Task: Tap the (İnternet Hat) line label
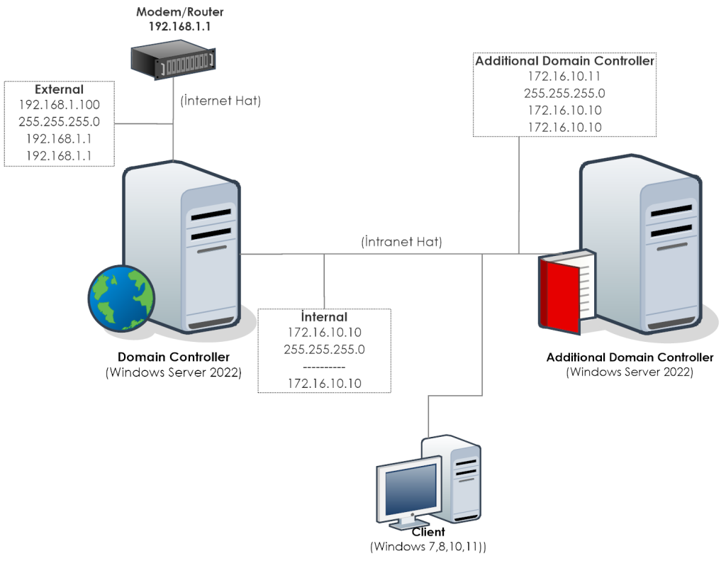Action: tap(221, 101)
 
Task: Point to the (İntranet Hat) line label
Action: tap(402, 242)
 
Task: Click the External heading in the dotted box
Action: tap(59, 90)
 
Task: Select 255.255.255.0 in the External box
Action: tap(59, 121)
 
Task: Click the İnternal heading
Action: tap(324, 317)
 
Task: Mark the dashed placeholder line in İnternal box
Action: tap(324, 367)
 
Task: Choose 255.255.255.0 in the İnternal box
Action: tap(324, 350)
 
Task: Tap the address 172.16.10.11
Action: tap(564, 77)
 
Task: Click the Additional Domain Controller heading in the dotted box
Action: tap(564, 61)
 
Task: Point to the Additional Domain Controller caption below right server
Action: tap(630, 357)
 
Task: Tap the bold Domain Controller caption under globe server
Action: tap(174, 357)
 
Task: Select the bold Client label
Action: tap(428, 532)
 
